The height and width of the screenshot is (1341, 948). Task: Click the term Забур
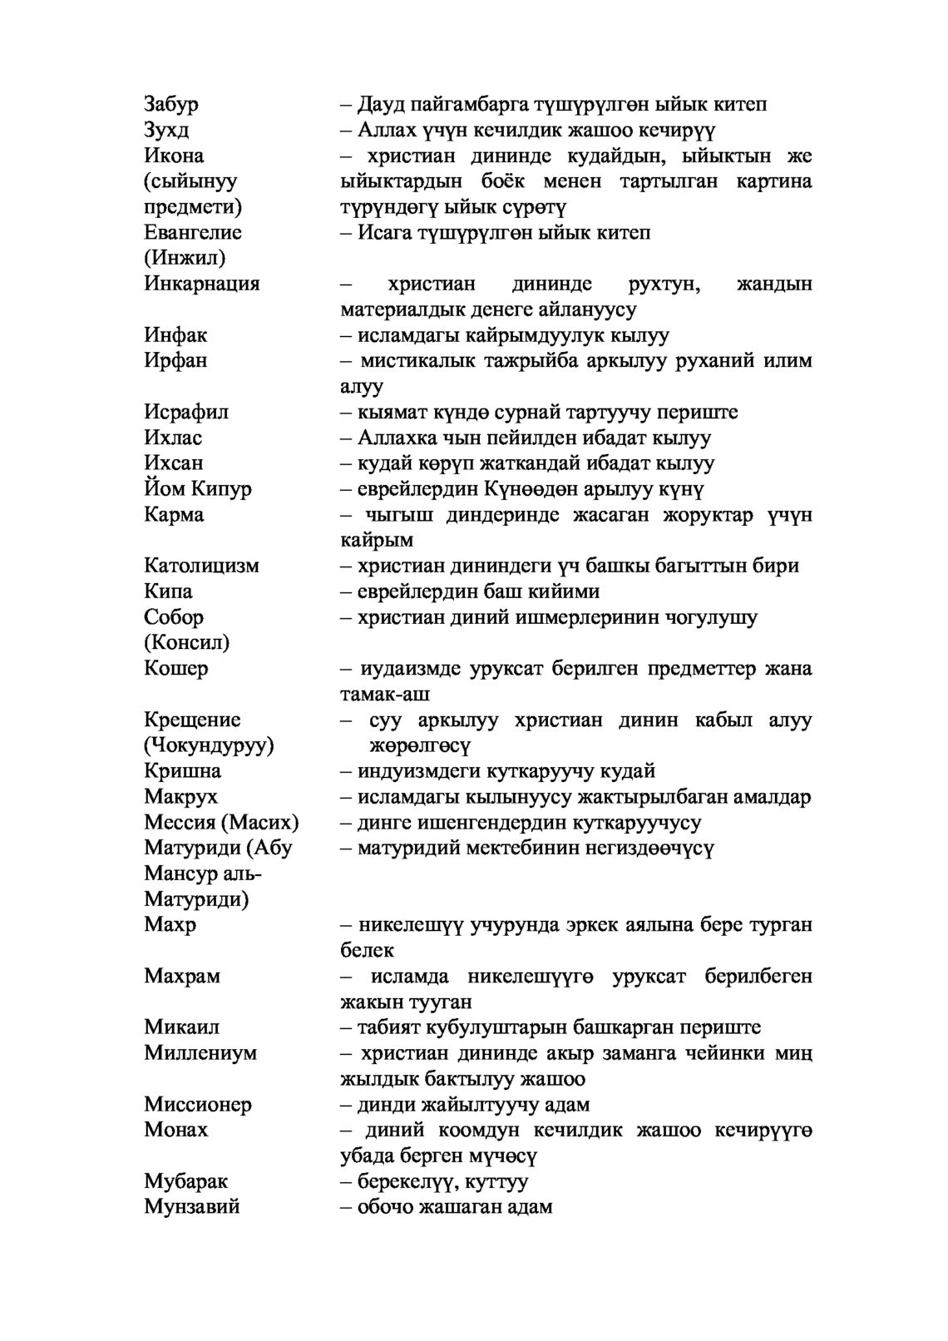pyautogui.click(x=171, y=104)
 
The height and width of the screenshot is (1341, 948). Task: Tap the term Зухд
pyautogui.click(x=166, y=130)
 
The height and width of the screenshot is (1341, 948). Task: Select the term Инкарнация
pyautogui.click(x=201, y=284)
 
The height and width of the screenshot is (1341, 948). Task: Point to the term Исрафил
pyautogui.click(x=186, y=412)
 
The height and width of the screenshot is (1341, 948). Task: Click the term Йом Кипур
pyautogui.click(x=197, y=488)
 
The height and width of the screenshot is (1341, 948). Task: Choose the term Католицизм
pyautogui.click(x=201, y=566)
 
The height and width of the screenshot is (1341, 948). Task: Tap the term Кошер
pyautogui.click(x=175, y=668)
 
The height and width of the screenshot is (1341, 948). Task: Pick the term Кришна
pyautogui.click(x=182, y=771)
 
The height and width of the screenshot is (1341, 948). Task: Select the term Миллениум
pyautogui.click(x=200, y=1052)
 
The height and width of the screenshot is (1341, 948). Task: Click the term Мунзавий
pyautogui.click(x=191, y=1206)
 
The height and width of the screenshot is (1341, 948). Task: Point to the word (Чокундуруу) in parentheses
pyautogui.click(x=209, y=745)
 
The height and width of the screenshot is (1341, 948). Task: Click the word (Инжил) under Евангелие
pyautogui.click(x=185, y=258)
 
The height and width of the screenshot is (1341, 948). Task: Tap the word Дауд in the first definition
pyautogui.click(x=379, y=104)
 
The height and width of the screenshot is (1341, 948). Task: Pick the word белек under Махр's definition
pyautogui.click(x=367, y=950)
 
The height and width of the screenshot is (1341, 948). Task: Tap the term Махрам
pyautogui.click(x=182, y=976)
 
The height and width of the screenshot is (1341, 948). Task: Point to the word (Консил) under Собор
pyautogui.click(x=186, y=642)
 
